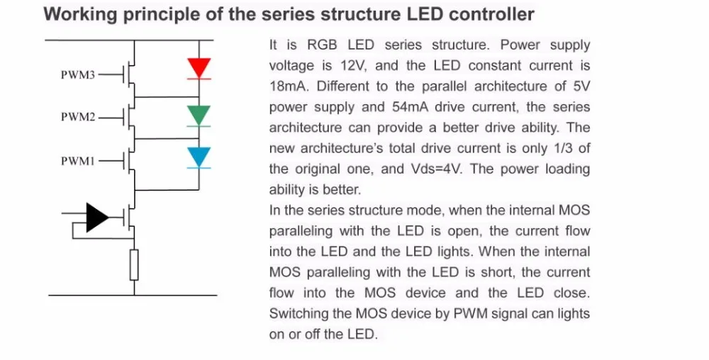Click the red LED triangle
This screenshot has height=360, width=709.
click(199, 68)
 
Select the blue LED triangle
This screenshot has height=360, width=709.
click(199, 157)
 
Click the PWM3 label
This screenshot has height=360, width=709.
click(78, 74)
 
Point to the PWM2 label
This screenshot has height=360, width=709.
click(78, 117)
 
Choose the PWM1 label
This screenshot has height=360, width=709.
click(78, 161)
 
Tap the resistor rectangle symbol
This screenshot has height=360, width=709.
click(134, 264)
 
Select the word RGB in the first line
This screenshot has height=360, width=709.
click(323, 45)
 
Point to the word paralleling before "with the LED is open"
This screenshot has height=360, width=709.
click(301, 231)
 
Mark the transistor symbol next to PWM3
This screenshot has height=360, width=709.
click(129, 74)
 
